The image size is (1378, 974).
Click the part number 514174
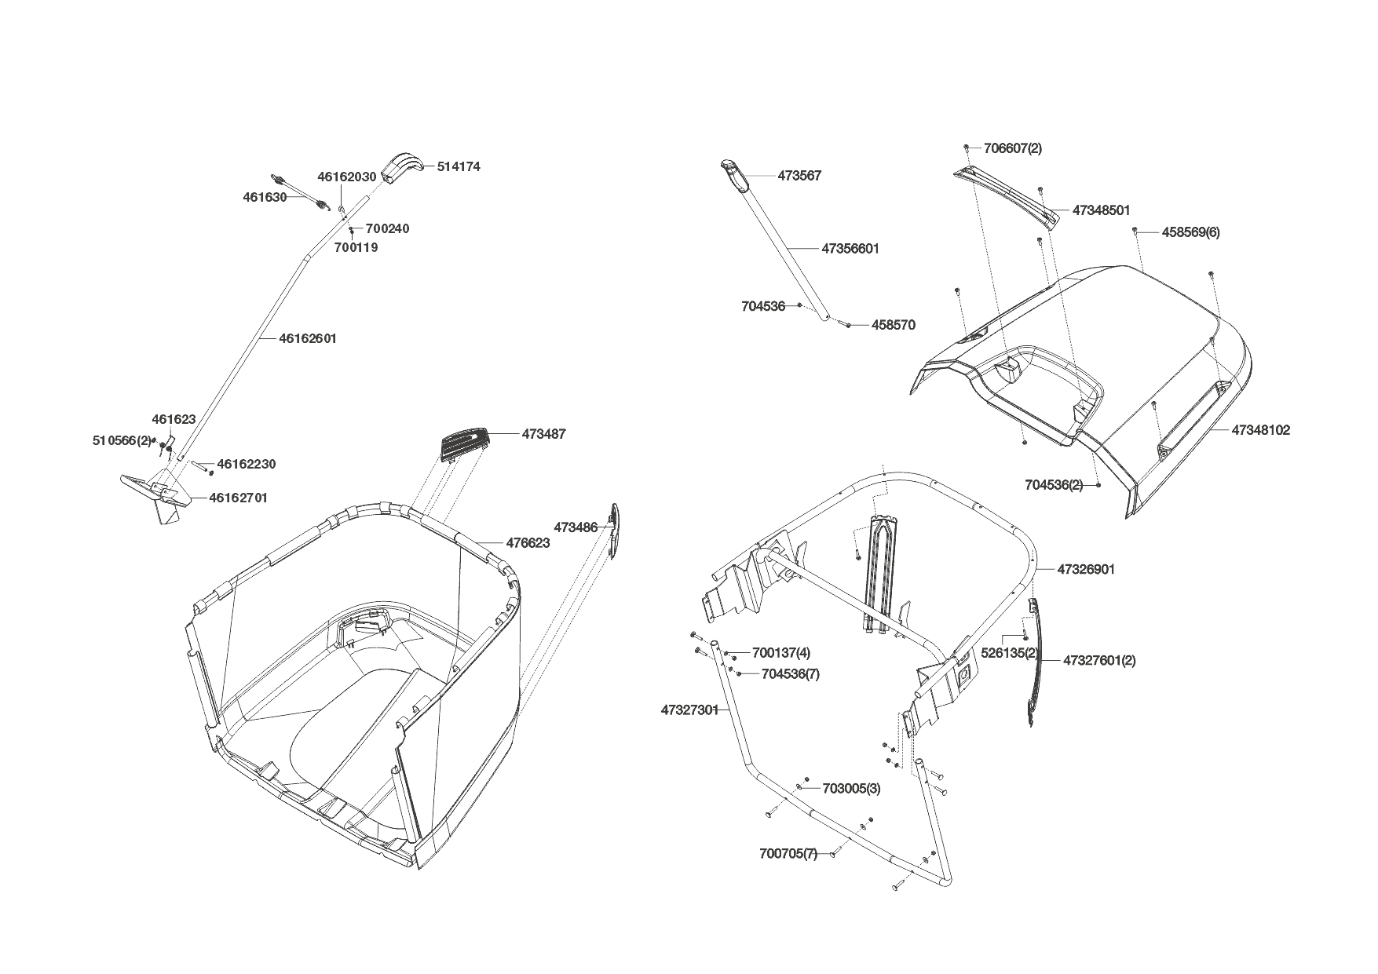(x=459, y=166)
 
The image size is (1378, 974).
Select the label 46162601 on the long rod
(x=308, y=338)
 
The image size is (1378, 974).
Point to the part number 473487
(x=543, y=434)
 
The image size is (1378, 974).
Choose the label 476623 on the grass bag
(x=528, y=542)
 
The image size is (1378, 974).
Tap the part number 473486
(x=576, y=527)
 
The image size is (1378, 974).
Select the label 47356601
(x=850, y=249)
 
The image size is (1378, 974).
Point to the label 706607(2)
(x=1013, y=148)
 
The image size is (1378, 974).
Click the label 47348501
(x=1101, y=210)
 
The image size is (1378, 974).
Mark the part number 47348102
(x=1260, y=430)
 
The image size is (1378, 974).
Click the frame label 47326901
(x=1086, y=569)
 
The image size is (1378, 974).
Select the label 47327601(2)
(x=1099, y=660)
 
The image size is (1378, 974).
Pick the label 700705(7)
(x=788, y=853)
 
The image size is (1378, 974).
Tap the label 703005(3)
(x=851, y=789)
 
